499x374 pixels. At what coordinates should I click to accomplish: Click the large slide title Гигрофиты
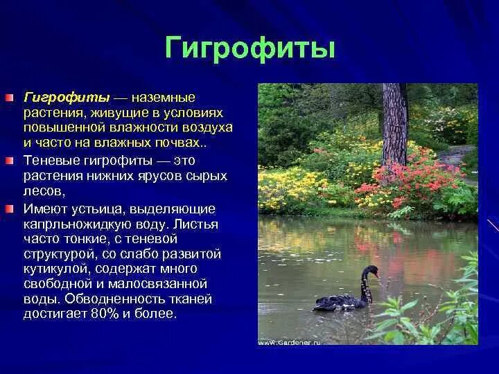[250, 49]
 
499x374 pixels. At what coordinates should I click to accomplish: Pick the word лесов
[44, 192]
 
